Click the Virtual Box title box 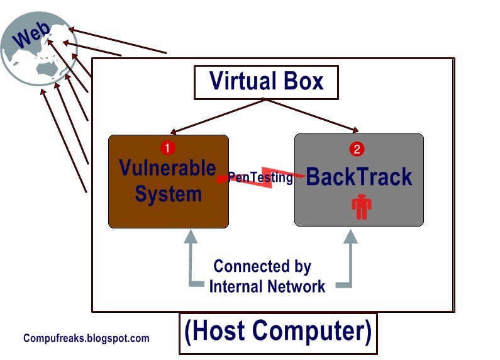click(x=266, y=82)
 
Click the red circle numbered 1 click(x=167, y=148)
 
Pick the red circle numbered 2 click(x=357, y=149)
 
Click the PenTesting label click(x=260, y=178)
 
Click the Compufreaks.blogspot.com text click(x=86, y=338)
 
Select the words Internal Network click(x=267, y=286)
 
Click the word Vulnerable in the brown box click(x=167, y=169)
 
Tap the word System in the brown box click(x=168, y=193)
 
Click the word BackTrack click(x=359, y=177)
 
